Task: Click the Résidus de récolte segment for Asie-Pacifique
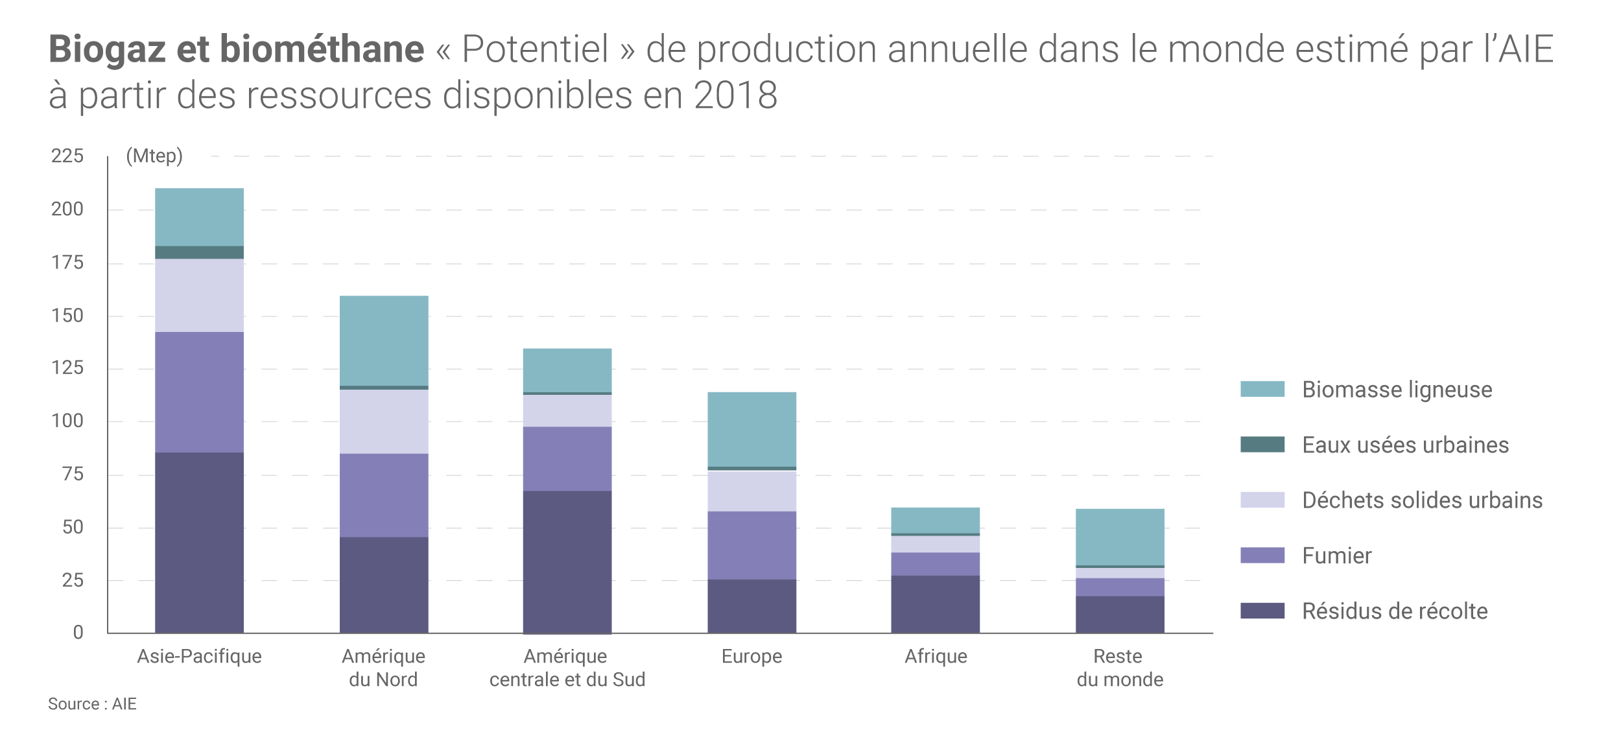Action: click(199, 542)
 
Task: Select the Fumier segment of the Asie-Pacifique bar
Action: click(199, 392)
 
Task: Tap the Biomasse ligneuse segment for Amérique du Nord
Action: click(384, 341)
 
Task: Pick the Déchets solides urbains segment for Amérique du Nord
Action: click(384, 421)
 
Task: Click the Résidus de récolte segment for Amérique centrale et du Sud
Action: click(567, 561)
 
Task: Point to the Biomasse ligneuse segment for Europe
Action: click(751, 429)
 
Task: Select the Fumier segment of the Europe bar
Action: click(751, 545)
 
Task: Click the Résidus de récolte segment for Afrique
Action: click(935, 604)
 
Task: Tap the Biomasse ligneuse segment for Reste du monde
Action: click(1120, 537)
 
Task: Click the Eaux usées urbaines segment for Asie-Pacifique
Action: click(199, 253)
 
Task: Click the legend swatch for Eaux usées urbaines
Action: click(1262, 444)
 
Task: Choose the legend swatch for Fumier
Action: click(1262, 555)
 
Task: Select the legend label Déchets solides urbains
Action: click(1422, 500)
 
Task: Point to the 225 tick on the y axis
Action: click(67, 156)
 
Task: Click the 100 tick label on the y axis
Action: click(67, 421)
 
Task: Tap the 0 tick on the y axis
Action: click(78, 633)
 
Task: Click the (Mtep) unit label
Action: click(154, 156)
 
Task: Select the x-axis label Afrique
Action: click(936, 656)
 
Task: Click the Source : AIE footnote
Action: click(92, 704)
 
